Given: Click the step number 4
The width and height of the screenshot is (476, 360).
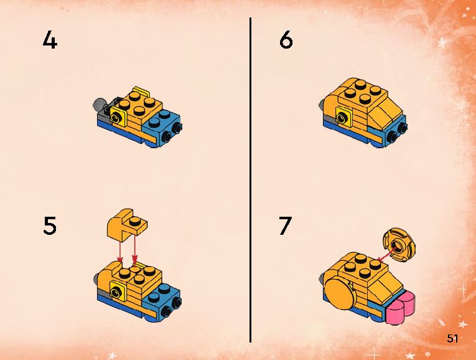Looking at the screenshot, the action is tap(50, 40).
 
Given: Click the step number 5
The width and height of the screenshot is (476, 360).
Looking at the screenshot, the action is tap(50, 225).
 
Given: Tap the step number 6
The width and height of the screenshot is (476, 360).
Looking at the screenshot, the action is tap(286, 40).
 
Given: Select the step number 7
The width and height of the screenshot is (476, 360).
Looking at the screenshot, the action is tap(286, 225).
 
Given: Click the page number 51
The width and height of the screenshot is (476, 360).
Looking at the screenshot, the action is tap(452, 338).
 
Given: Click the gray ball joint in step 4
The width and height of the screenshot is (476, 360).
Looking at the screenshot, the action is tap(99, 104).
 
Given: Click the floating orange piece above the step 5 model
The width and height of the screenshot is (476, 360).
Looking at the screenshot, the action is tap(126, 225).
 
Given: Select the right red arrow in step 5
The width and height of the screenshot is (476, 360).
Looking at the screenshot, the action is tap(135, 249).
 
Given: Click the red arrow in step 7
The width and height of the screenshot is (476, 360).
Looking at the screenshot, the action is tap(387, 254).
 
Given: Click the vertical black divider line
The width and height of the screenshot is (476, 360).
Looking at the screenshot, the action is tap(251, 180).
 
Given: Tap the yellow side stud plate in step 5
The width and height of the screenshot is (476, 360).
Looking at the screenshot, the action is tap(118, 291).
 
